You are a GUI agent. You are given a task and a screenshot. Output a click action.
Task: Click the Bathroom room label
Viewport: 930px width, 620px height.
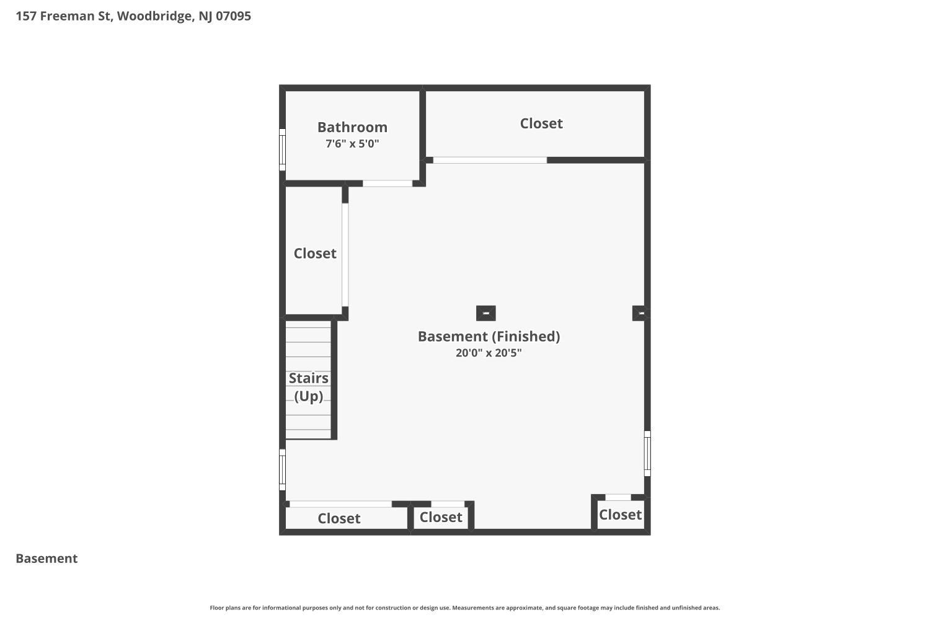coord(352,127)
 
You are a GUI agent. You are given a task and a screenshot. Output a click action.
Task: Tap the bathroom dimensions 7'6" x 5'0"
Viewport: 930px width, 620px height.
coord(352,144)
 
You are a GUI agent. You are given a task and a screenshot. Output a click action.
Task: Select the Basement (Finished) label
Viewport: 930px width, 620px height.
coord(489,336)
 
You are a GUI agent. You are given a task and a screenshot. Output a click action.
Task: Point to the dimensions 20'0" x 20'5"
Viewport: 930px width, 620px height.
coord(489,353)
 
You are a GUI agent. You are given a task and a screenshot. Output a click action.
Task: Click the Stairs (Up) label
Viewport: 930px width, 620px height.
coord(308,386)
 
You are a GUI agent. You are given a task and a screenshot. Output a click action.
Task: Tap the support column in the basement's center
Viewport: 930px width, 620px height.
coord(485,313)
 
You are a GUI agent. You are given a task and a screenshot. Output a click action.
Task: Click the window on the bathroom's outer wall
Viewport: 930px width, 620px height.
coord(282,149)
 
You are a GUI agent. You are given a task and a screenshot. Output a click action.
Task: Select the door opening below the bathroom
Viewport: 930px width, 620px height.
coord(387,184)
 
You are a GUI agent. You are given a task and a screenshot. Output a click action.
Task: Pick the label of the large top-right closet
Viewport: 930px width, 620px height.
coord(541,123)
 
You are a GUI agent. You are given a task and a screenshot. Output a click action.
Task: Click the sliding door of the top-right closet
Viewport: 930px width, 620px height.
coord(490,160)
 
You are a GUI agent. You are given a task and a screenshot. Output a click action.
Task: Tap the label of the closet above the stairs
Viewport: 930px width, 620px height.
coord(315,253)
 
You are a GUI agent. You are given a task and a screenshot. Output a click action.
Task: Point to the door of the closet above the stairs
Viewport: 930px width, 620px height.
coord(345,254)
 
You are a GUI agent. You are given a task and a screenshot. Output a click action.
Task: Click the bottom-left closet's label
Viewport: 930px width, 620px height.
coord(339,518)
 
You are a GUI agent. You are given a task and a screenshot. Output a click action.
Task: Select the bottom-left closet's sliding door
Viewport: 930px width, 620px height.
coord(340,504)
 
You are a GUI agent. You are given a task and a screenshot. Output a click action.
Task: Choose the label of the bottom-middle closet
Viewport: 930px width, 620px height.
coord(441,517)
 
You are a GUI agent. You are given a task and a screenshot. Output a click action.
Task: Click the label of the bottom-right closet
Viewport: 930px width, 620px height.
coord(620,515)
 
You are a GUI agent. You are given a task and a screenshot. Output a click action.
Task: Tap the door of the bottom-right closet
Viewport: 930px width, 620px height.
coord(618,497)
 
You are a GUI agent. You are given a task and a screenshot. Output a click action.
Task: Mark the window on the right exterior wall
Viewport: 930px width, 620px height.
coord(647,453)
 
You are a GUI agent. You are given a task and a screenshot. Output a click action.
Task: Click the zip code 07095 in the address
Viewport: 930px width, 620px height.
coord(233,16)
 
